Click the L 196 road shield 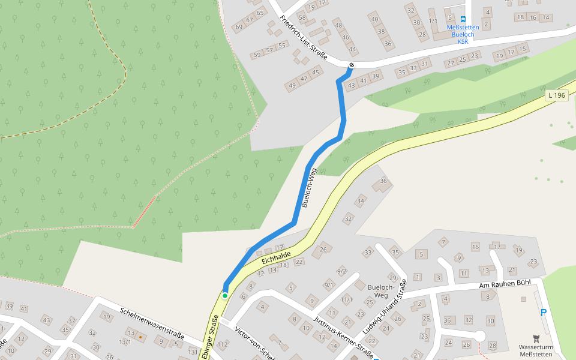click(557, 95)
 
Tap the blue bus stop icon click(463, 19)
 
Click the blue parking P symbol click(544, 312)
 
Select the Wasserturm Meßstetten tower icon click(536, 339)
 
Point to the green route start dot click(225, 295)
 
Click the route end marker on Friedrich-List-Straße click(351, 65)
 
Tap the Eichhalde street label click(277, 259)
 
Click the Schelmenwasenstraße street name click(152, 323)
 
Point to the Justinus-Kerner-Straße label click(344, 334)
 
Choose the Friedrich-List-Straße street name click(303, 37)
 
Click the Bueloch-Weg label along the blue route click(308, 188)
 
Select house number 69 click(238, 27)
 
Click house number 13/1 click(125, 342)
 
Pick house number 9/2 click(342, 271)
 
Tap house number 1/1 click(433, 20)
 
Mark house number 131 click(193, 351)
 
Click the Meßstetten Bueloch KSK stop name click(463, 34)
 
